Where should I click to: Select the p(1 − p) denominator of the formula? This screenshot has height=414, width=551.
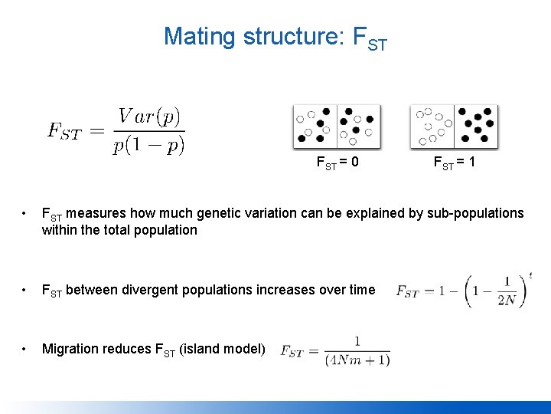[148, 146]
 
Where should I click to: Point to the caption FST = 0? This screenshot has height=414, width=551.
[337, 163]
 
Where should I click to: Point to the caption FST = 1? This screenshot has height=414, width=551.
[454, 163]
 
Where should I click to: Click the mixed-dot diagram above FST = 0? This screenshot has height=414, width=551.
[337, 127]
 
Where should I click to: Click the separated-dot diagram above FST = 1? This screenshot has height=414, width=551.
[454, 127]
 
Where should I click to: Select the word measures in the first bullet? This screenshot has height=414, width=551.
[103, 213]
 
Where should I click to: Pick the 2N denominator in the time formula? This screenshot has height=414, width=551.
[506, 300]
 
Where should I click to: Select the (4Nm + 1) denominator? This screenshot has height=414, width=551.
[357, 359]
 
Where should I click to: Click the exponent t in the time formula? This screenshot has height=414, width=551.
[530, 275]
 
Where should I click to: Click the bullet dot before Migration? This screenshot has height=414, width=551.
[25, 349]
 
